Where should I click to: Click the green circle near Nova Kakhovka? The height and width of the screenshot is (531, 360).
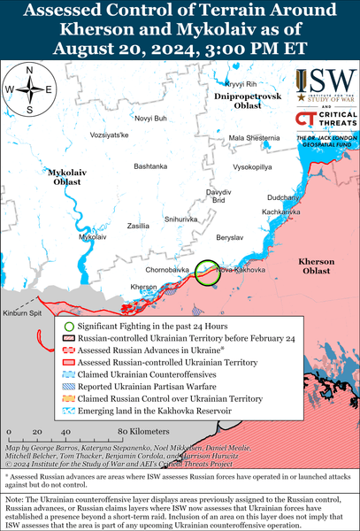pos(207,272)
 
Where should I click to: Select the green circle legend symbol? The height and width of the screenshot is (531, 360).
pos(69,327)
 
